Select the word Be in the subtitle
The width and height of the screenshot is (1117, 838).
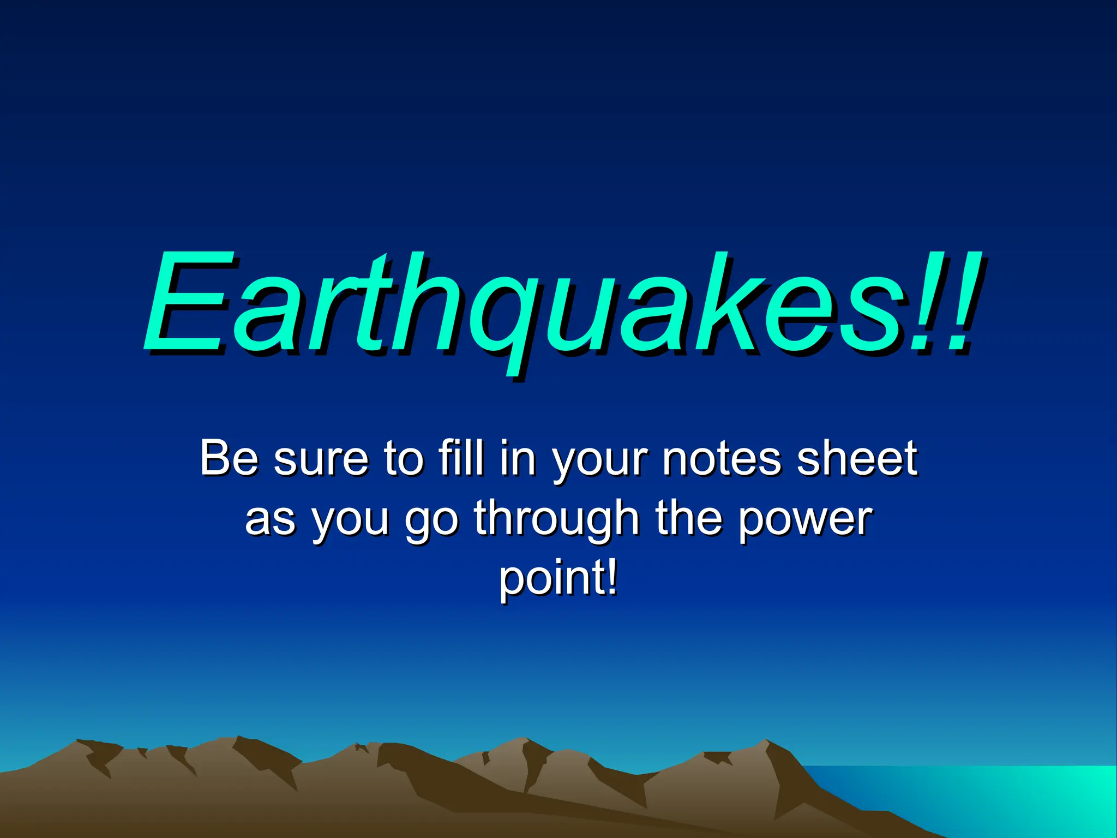click(229, 458)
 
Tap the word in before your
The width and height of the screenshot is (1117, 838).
click(518, 458)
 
